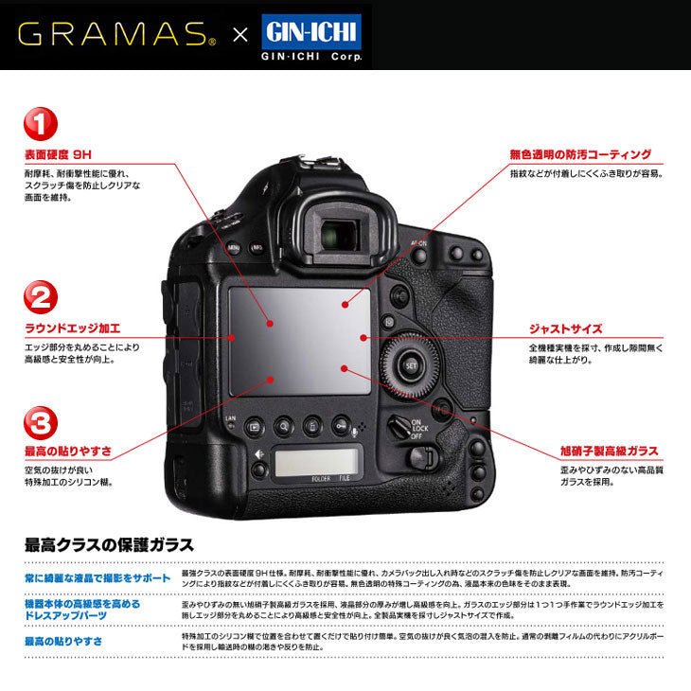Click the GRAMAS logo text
[115, 35]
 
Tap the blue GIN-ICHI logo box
[310, 30]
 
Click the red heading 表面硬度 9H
[59, 154]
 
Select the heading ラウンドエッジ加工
[73, 328]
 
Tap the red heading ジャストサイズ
[565, 328]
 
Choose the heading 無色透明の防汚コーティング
[580, 154]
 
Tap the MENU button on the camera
[234, 248]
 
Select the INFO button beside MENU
[257, 248]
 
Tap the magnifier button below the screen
[282, 427]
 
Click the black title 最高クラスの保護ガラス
[109, 545]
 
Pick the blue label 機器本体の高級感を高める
[82, 603]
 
